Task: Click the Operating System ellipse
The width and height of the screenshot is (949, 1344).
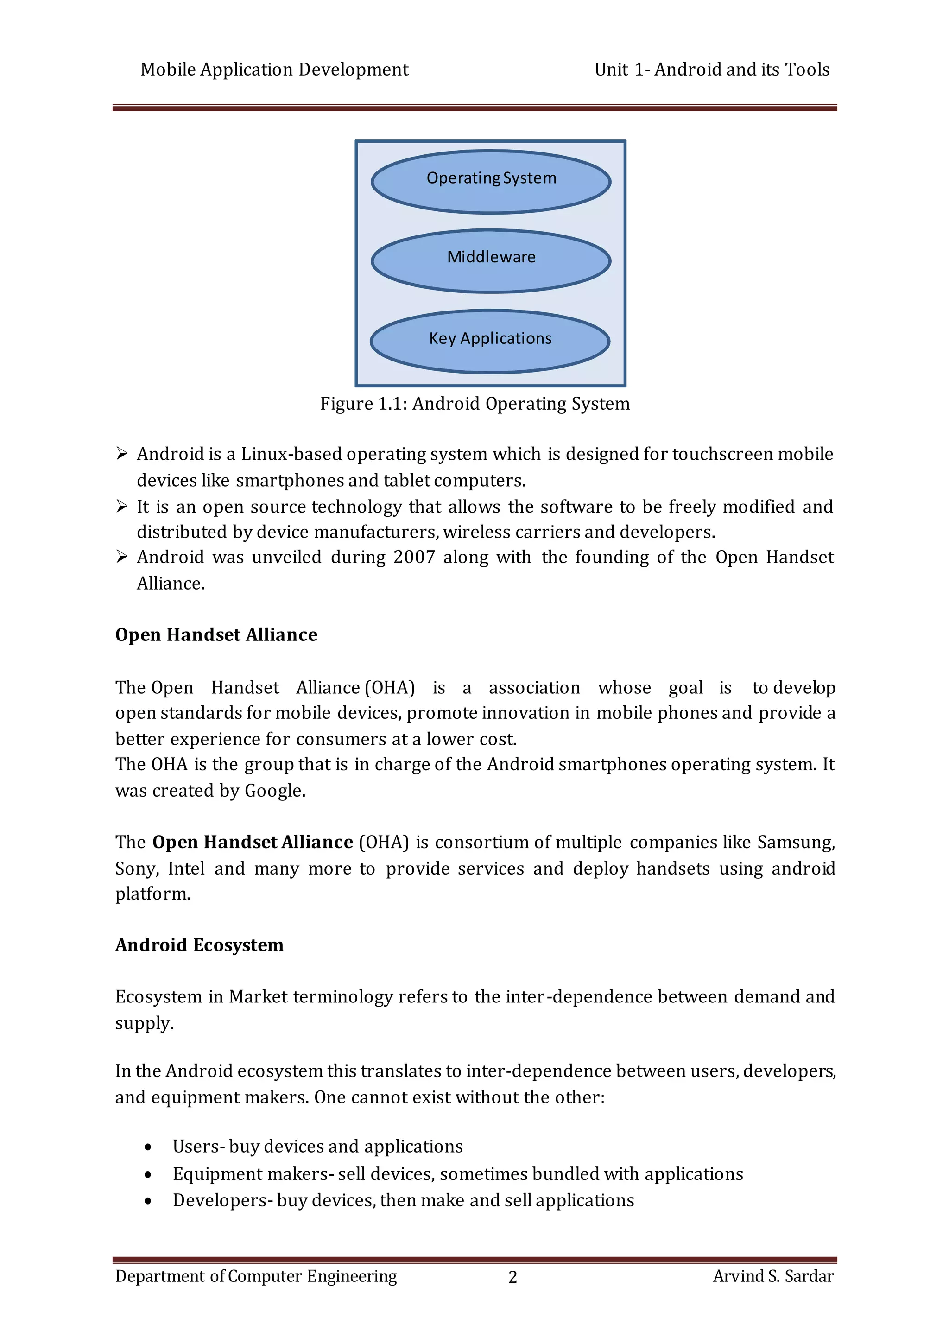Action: [x=491, y=182]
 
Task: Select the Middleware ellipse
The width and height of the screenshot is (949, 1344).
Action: [x=491, y=260]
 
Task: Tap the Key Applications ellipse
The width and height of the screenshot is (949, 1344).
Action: [x=490, y=341]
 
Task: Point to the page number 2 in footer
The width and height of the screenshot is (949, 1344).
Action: [x=512, y=1277]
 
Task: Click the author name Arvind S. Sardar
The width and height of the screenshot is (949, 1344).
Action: [x=773, y=1276]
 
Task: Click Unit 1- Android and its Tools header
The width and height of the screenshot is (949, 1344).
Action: [x=711, y=70]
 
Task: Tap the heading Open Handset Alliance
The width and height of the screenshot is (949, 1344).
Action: [x=216, y=635]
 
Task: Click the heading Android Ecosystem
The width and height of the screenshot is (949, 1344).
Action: [x=199, y=945]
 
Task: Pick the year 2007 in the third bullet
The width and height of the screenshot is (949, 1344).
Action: [x=414, y=557]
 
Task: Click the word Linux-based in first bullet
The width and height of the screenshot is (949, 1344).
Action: [x=291, y=454]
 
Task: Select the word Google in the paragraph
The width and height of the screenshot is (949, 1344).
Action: [x=273, y=791]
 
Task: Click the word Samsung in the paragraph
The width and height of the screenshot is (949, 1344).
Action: [x=795, y=843]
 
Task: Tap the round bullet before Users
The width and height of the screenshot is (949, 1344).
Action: [x=148, y=1147]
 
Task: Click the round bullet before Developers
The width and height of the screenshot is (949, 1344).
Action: [x=148, y=1201]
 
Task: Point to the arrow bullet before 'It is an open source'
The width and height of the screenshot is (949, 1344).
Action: [x=122, y=507]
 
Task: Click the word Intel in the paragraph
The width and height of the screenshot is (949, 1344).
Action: [x=186, y=868]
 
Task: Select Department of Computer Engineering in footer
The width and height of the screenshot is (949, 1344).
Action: [x=256, y=1276]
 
